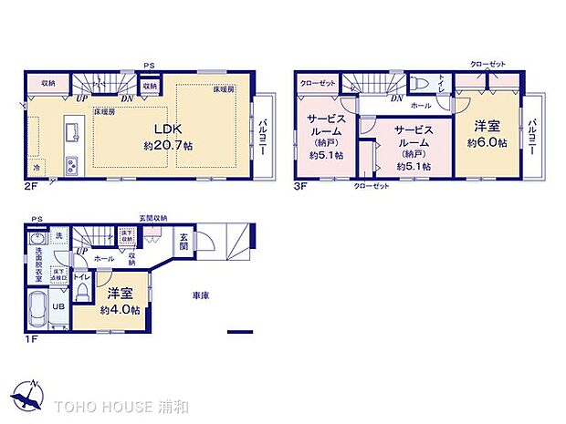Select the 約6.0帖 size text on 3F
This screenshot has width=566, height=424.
(x=485, y=143)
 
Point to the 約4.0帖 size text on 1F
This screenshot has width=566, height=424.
(x=121, y=310)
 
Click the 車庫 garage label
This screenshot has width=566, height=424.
(x=202, y=295)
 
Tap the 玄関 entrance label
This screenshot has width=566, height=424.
(x=183, y=242)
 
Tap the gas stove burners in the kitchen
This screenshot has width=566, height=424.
(x=70, y=165)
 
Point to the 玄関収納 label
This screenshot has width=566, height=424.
(x=153, y=217)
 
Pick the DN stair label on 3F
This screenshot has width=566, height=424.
(x=397, y=98)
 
